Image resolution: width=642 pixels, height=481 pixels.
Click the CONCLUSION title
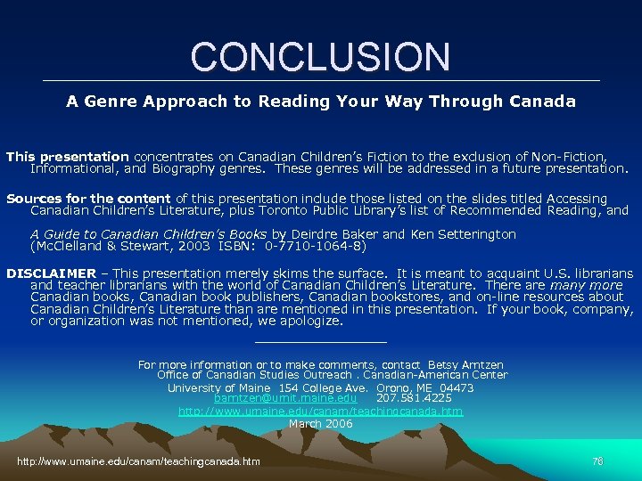(320, 56)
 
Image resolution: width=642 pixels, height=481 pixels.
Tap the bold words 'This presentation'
(68, 156)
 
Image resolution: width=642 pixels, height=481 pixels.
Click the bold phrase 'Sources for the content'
(88, 199)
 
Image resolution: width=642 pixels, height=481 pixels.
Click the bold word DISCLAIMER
(51, 273)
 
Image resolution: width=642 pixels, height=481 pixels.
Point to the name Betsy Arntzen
(465, 364)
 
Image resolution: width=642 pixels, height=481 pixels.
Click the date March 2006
(321, 424)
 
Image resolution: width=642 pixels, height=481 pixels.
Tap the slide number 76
(597, 461)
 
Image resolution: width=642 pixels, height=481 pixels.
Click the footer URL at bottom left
(139, 461)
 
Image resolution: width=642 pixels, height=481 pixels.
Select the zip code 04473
(457, 387)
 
